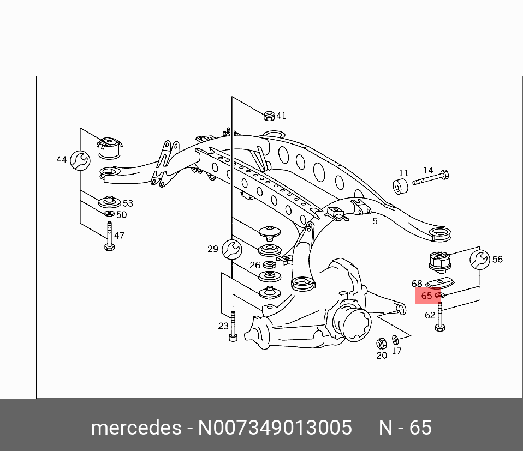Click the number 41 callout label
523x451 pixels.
click(281, 116)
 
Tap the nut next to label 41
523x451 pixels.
click(269, 115)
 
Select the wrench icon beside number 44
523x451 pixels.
click(80, 160)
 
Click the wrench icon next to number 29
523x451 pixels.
click(231, 249)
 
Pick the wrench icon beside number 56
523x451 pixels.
click(480, 260)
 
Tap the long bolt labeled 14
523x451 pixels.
click(431, 178)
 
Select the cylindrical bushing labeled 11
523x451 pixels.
click(402, 187)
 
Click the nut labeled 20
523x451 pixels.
click(382, 344)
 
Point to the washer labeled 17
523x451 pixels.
click(395, 341)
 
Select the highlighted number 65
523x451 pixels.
click(426, 296)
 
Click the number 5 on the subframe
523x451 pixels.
click(375, 221)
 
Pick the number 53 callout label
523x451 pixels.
click(127, 203)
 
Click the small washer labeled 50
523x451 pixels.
click(109, 213)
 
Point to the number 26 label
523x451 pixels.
click(255, 265)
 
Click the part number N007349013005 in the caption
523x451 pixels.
click(275, 428)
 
